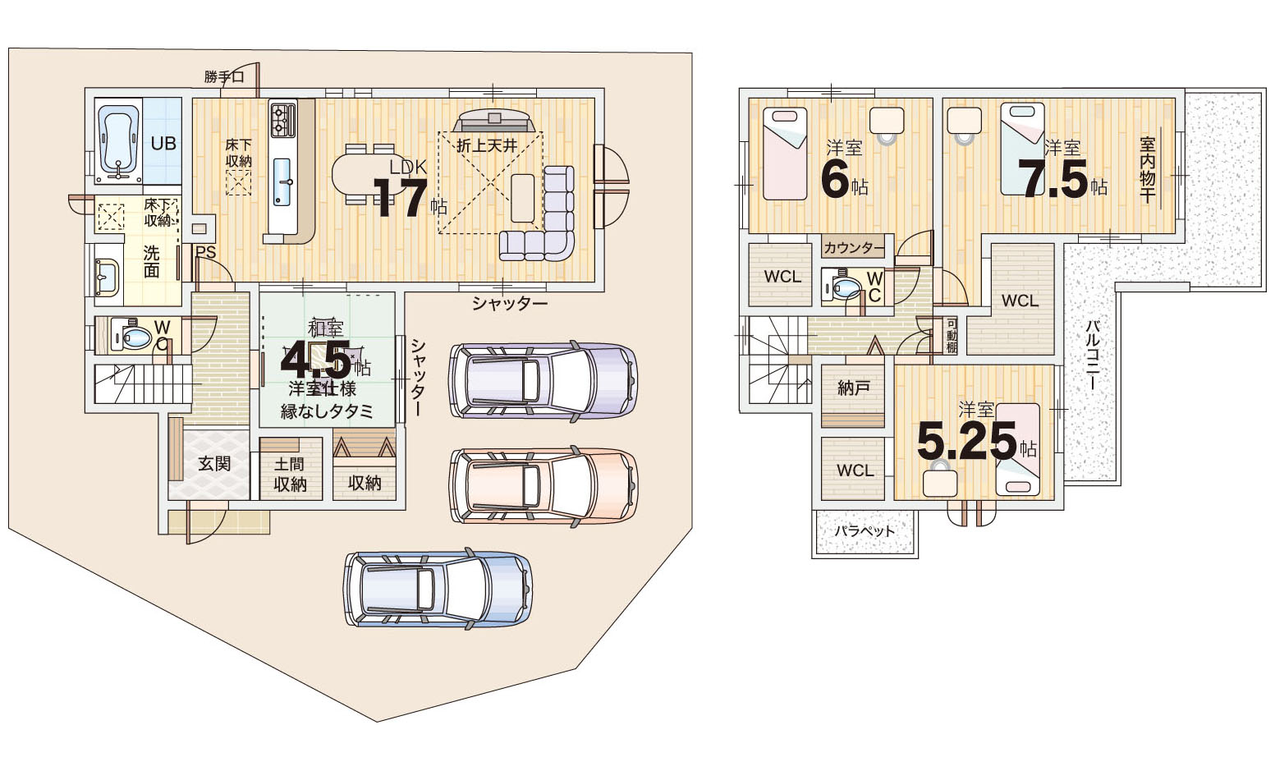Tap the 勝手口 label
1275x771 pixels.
point(224,76)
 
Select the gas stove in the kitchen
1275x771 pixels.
point(283,120)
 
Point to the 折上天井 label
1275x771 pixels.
point(487,146)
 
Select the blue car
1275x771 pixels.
point(438,588)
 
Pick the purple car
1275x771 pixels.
point(543,380)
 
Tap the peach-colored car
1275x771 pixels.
point(544,485)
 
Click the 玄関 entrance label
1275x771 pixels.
point(214,464)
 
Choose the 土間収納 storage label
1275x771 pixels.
point(291,474)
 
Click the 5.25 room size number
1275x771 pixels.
point(966,442)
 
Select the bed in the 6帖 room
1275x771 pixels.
point(785,154)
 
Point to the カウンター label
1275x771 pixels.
point(854,248)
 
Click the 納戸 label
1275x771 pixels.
point(853,388)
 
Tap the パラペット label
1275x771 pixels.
point(865,531)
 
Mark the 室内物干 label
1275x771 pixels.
point(1148,170)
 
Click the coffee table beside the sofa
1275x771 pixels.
point(522,198)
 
